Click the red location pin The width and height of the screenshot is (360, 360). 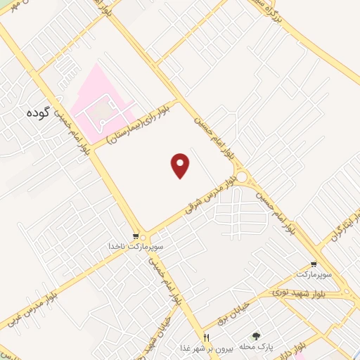(x=181, y=165)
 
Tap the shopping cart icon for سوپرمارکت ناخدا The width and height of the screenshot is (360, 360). (x=136, y=236)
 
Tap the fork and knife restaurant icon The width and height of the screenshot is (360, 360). (x=206, y=337)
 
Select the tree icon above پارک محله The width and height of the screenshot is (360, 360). (x=256, y=337)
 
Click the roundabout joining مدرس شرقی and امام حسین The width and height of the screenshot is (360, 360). (x=243, y=176)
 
